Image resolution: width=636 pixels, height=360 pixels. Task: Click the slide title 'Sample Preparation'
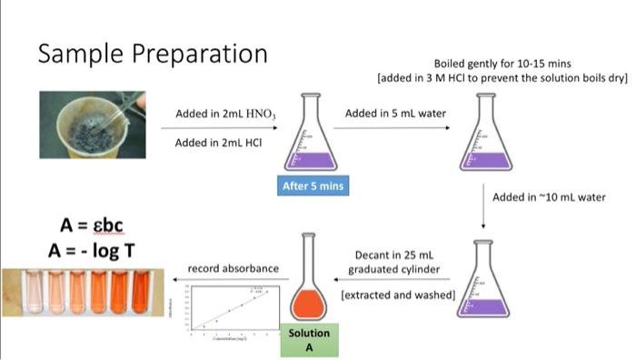tap(152, 54)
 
